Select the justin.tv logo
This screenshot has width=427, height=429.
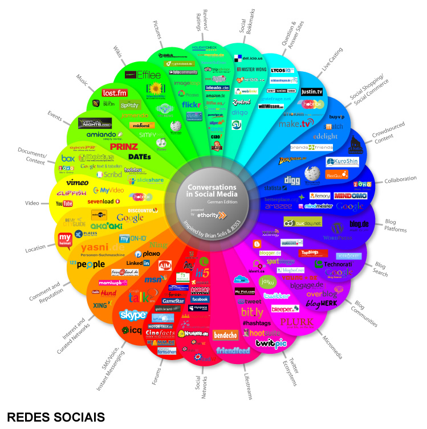point(312,91)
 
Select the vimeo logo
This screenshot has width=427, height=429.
point(76,183)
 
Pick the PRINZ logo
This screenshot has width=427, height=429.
point(124,146)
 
